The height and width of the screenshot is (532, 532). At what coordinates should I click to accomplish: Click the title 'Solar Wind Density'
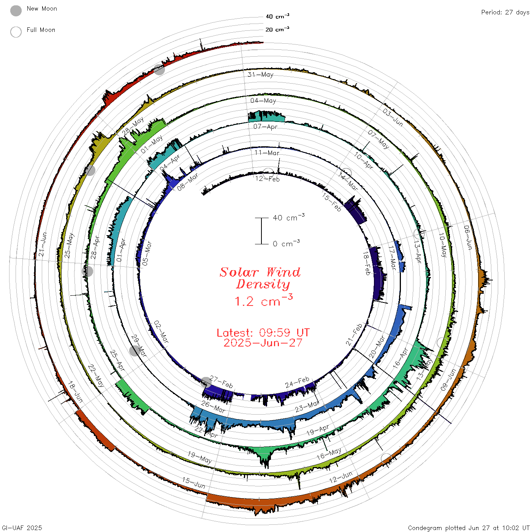pyautogui.click(x=260, y=278)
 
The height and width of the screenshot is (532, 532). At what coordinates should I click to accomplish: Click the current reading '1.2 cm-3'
pyautogui.click(x=263, y=300)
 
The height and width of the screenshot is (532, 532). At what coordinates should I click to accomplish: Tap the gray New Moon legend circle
pyautogui.click(x=16, y=11)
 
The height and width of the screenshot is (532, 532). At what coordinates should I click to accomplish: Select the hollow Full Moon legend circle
pyautogui.click(x=16, y=32)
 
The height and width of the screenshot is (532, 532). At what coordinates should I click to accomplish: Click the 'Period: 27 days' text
pyautogui.click(x=505, y=13)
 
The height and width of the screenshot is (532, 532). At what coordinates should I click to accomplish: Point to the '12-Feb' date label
pyautogui.click(x=267, y=179)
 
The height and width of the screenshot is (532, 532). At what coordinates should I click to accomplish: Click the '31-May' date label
pyautogui.click(x=260, y=74)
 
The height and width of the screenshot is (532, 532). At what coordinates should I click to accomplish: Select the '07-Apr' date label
pyautogui.click(x=265, y=127)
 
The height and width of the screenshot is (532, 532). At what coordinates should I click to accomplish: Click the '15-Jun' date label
pyautogui.click(x=193, y=483)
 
